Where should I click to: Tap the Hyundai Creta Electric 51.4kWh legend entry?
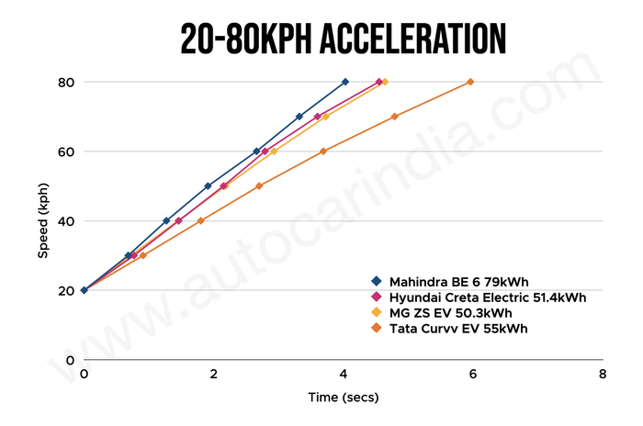487,297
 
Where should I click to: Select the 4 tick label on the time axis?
344,375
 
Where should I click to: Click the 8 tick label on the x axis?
603,375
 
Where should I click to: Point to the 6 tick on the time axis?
473,375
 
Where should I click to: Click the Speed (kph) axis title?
42,220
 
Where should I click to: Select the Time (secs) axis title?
343,398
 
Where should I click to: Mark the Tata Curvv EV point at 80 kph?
470,82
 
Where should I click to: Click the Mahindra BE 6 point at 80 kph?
345,82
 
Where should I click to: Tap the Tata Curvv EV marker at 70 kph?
394,117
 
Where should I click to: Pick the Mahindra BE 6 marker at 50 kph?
208,186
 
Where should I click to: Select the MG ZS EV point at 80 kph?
385,82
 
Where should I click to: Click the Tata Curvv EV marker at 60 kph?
323,151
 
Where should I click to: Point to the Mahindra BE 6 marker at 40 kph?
166,220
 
